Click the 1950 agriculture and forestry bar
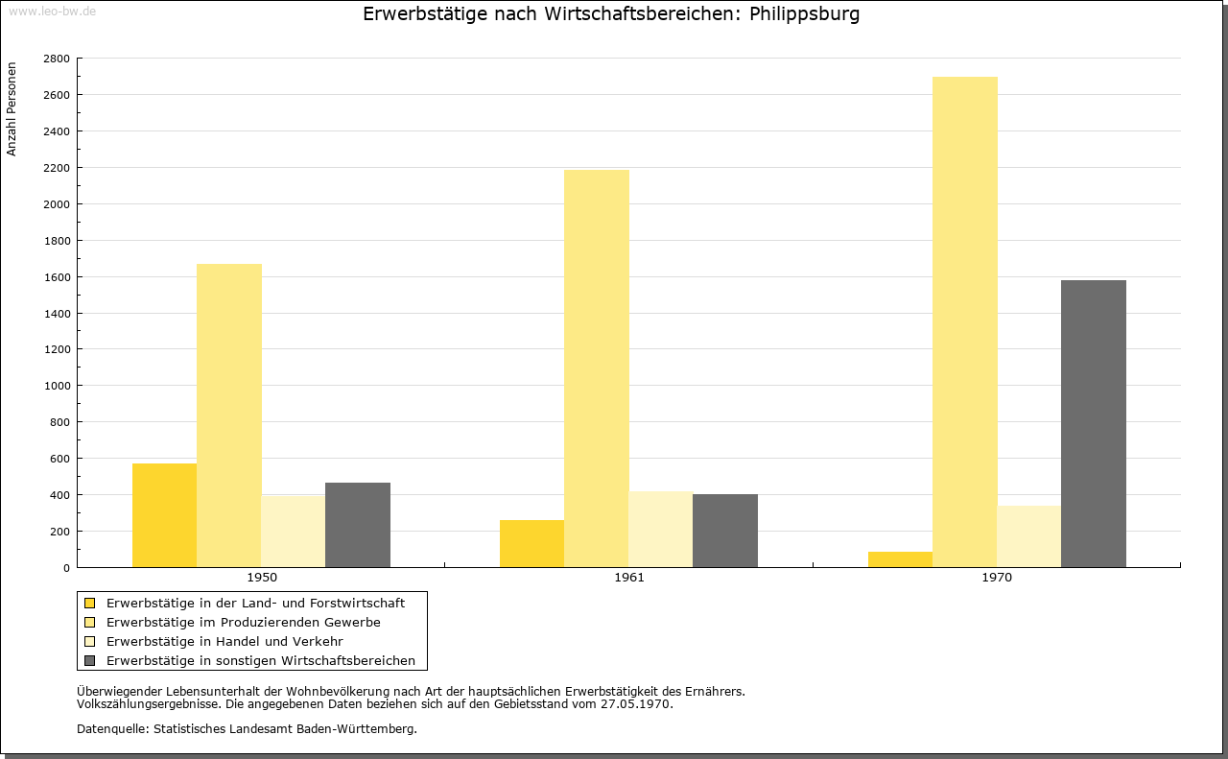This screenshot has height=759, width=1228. coord(164,515)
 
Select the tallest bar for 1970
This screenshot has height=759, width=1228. coord(965,321)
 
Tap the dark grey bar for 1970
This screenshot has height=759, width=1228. coord(1094,424)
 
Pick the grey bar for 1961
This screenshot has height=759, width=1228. coord(725,531)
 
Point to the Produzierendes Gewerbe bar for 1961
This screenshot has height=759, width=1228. coord(597,368)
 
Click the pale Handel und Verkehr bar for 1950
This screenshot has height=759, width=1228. coord(294,532)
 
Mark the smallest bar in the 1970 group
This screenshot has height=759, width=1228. coord(900,559)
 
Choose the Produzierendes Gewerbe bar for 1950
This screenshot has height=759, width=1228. coord(229,415)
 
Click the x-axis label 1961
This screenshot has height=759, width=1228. coord(629,578)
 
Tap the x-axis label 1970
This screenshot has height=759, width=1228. coord(997,578)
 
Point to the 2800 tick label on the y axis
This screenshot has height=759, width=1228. coord(57,59)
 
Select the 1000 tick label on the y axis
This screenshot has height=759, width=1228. coord(57,386)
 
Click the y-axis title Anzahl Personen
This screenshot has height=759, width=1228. coord(12,109)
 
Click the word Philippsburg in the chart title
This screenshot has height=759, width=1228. coord(804,13)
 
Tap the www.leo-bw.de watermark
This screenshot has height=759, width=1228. coord(52,11)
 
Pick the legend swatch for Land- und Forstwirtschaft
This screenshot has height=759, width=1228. coord(90,604)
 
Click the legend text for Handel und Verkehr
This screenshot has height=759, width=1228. coord(224,642)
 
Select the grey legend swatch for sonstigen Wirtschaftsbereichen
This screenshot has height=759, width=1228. coord(90,661)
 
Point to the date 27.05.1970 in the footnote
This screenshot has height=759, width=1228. coord(635,704)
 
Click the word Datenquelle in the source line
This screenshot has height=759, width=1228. coord(112,729)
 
